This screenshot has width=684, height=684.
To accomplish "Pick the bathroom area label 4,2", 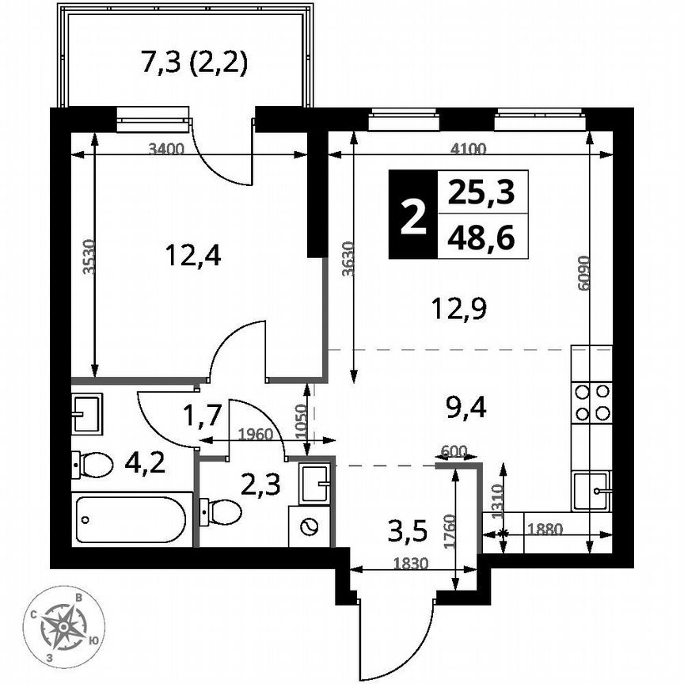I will pos(146,462).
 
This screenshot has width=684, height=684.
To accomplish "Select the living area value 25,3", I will pos(481,192).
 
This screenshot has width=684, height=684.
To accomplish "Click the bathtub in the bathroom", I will pos(131,519).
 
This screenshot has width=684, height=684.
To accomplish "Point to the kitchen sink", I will pos(591,491).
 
